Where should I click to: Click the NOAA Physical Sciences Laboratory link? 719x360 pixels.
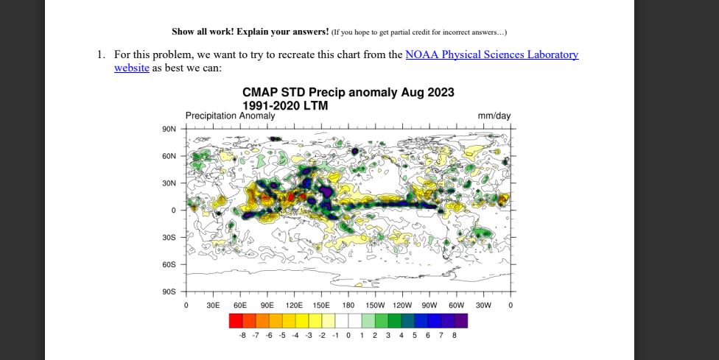491,54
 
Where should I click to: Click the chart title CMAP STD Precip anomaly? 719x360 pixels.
348,93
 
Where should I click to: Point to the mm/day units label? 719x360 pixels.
494,116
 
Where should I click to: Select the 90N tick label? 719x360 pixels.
169,129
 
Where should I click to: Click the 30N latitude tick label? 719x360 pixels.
169,183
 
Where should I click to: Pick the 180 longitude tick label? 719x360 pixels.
348,305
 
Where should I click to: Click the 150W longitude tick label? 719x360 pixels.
376,305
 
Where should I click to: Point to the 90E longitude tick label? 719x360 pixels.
267,305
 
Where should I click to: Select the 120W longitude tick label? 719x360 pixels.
402,305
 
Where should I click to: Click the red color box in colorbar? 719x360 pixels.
236,320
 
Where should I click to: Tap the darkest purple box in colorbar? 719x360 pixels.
461,320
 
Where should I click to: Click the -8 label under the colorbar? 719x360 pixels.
242,335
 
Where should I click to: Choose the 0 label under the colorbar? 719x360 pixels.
348,335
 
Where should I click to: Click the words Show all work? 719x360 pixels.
198,32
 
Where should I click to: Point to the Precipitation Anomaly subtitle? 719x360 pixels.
230,116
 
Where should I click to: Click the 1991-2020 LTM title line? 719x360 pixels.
285,106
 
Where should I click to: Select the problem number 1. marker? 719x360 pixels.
101,54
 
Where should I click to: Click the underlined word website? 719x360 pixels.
132,68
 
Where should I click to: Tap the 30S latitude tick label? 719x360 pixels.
169,237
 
